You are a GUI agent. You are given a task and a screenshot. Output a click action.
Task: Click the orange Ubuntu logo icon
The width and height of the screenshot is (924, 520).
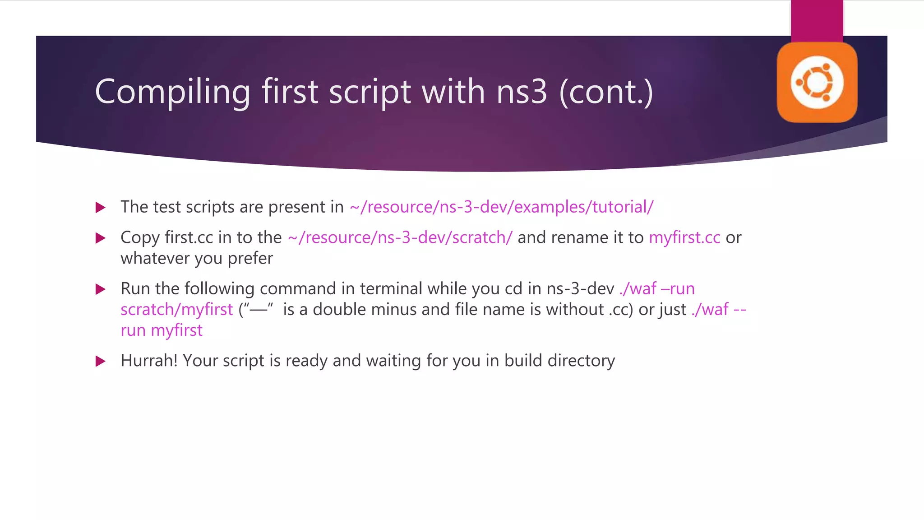[817, 83]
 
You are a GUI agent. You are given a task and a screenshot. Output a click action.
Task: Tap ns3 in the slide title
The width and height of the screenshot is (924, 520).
[522, 92]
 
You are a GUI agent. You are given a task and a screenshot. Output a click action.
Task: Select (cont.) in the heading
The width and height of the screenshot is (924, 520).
[606, 92]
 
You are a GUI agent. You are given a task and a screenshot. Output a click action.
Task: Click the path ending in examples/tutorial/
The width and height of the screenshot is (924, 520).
[501, 207]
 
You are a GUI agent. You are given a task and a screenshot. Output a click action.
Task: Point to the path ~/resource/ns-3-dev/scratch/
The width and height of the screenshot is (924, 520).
[400, 237]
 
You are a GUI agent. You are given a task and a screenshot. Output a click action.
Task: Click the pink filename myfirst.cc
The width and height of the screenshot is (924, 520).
[684, 237]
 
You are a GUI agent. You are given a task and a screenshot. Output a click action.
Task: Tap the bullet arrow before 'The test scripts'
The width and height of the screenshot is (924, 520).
[101, 208]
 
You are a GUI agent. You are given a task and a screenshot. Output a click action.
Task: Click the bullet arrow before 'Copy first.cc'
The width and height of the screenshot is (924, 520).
[101, 238]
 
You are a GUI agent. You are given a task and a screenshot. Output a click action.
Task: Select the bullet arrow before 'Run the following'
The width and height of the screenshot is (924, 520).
[101, 289]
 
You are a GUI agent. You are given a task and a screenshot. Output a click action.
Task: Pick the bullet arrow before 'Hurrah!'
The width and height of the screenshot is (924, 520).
[101, 361]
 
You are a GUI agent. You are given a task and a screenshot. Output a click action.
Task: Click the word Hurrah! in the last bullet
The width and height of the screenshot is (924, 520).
[149, 361]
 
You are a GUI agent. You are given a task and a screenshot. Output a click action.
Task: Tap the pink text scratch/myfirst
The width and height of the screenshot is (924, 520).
[176, 310]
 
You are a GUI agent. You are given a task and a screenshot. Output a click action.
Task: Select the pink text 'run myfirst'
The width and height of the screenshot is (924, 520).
[162, 330]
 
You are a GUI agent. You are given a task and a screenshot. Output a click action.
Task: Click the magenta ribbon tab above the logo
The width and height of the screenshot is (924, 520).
[817, 21]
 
